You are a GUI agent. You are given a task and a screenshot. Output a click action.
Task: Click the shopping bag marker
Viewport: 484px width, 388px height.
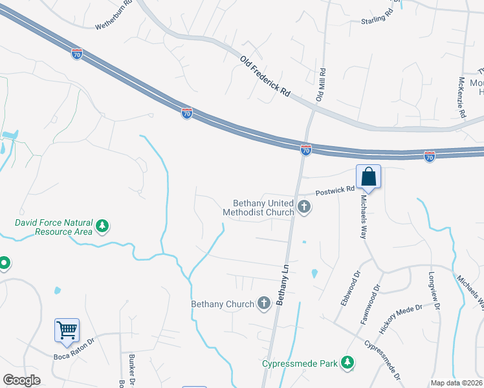[368, 177]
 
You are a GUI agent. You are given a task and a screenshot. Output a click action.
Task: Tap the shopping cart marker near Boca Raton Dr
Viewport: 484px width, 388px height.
[67, 330]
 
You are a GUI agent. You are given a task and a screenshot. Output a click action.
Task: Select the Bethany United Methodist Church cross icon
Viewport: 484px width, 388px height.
[304, 208]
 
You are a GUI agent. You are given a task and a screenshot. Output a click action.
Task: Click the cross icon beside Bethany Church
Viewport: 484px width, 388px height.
[263, 303]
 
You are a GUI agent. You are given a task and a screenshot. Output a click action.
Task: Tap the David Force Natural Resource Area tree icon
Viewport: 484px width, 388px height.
[102, 226]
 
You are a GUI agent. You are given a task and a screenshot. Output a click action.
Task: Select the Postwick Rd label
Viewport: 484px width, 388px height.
[335, 191]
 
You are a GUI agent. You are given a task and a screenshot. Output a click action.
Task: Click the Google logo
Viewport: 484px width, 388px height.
[22, 380]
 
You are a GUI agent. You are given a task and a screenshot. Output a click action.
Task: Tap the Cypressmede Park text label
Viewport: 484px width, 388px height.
[300, 363]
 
